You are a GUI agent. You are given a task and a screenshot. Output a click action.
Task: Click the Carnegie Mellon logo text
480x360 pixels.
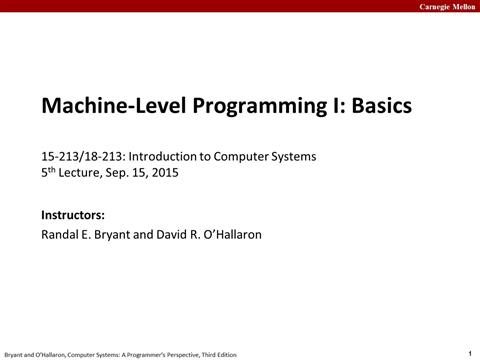[x=442, y=6]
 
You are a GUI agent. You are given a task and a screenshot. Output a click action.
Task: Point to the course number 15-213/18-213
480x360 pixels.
[x=82, y=156]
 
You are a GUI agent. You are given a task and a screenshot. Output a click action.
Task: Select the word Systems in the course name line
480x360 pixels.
[x=287, y=156]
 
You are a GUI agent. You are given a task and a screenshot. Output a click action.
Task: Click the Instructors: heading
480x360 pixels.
[x=73, y=215]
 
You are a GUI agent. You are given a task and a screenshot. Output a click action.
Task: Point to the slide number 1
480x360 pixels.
[x=470, y=352]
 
